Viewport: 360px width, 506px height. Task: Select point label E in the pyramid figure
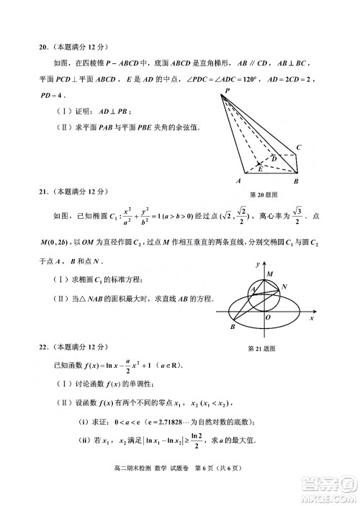259,170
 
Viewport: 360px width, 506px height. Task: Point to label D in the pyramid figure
274,158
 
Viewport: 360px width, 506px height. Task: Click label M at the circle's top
269,274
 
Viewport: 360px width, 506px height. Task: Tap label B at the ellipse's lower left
233,327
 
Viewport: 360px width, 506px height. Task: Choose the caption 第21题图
262,348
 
